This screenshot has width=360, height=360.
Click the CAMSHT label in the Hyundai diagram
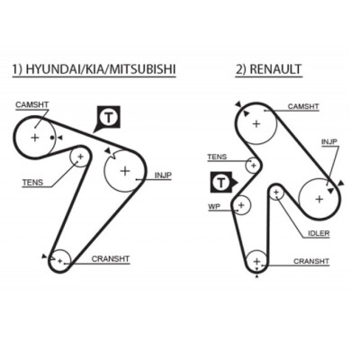coord(32,104)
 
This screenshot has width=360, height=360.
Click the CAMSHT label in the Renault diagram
coord(303,106)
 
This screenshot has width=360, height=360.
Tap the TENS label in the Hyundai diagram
coord(32,182)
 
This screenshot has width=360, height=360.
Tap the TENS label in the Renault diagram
coord(217,157)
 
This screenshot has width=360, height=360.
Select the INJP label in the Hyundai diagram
coord(163,175)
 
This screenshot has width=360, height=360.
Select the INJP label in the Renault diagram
coord(329,141)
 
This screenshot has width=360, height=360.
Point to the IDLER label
coord(319,233)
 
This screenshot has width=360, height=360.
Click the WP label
coord(214,206)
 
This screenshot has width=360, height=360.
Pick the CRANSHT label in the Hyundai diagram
coord(111,258)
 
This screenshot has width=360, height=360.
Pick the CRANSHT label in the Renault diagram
coord(311,261)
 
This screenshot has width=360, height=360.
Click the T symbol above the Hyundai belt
coord(109,117)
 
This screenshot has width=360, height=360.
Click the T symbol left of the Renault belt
coord(221,182)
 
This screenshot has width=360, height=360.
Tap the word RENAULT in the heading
coord(275,69)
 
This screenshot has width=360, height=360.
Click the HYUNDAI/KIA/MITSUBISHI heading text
coord(101,69)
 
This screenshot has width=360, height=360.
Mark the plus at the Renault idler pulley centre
coord(276,193)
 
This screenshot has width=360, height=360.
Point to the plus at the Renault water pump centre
coord(241,205)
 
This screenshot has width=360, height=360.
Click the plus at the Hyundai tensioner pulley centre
coord(80,157)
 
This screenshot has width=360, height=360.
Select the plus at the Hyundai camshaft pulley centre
coord(35,138)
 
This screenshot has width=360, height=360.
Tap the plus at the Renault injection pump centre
coord(319,199)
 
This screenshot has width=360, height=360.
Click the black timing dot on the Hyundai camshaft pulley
coord(52,138)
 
